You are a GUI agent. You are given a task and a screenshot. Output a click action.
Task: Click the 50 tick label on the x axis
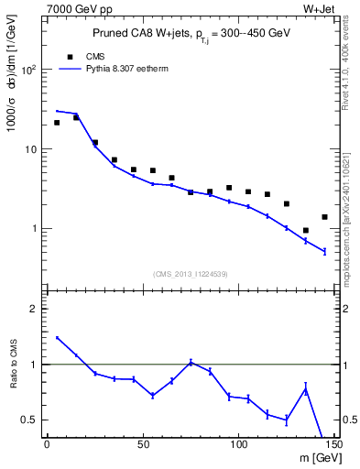pyautogui.click(x=143, y=446)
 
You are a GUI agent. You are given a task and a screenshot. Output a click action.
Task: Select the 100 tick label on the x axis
pyautogui.click(x=238, y=446)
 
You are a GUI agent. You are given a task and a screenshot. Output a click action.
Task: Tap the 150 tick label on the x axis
pyautogui.click(x=333, y=446)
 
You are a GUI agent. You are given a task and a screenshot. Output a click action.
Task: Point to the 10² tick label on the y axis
pyautogui.click(x=30, y=70)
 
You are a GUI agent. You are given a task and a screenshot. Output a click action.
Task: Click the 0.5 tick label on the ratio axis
pyautogui.click(x=31, y=420)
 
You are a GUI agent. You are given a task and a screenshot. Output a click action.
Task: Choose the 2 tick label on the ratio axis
pyautogui.click(x=35, y=309)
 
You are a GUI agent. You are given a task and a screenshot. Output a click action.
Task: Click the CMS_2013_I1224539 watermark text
pyautogui.click(x=190, y=273)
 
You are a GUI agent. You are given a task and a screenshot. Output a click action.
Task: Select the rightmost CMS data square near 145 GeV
pyautogui.click(x=324, y=217)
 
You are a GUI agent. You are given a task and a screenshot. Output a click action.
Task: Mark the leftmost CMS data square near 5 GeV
pyautogui.click(x=57, y=123)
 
